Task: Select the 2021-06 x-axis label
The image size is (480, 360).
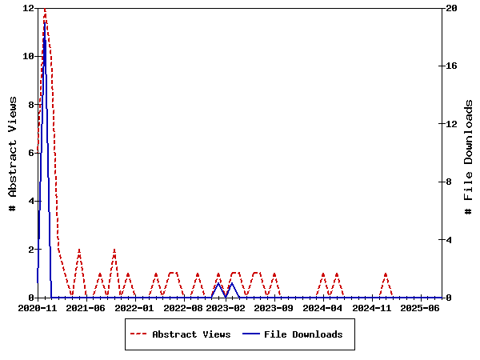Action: coord(85,308)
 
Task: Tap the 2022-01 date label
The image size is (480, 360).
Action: coord(133,308)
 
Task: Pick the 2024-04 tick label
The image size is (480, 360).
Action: coord(323,308)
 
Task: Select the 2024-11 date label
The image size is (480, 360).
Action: coord(371,308)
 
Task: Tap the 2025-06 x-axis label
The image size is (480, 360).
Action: coord(419,308)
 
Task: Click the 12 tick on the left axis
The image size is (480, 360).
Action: coord(28,8)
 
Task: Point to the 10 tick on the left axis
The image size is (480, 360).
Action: coord(28,56)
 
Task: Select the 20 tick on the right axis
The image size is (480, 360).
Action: coord(450,8)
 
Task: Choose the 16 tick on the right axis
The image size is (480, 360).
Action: coord(450,66)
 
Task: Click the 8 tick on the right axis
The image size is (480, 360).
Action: coord(450,182)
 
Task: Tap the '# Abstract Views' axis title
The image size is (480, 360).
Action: coord(13,153)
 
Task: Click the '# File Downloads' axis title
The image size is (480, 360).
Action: coord(469,153)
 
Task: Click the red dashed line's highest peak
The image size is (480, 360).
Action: coord(44,9)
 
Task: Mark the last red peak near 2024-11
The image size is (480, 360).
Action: coord(386,274)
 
